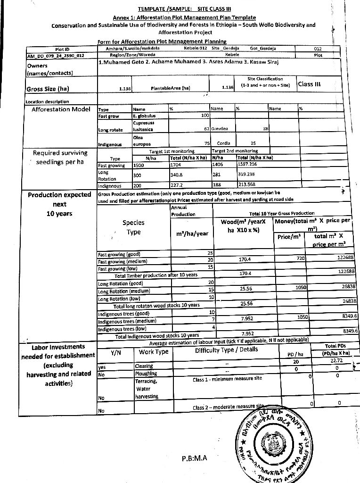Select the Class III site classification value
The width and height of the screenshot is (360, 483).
[309, 84]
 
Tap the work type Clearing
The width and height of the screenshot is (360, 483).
[144, 366]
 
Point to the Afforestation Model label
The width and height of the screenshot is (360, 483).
[61, 109]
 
